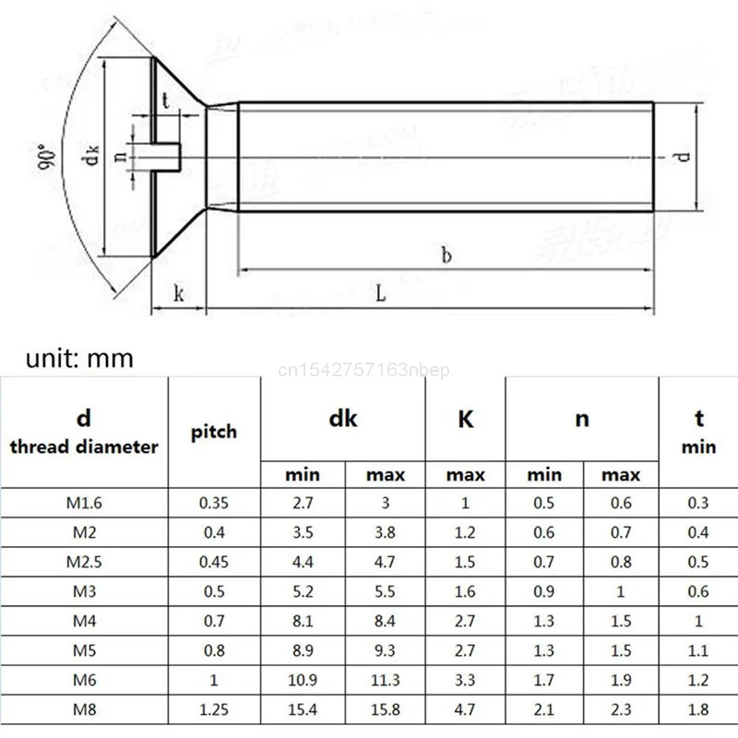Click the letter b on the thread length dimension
tap(446, 256)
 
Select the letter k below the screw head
tap(178, 294)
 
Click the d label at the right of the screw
tap(684, 155)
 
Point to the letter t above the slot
tap(165, 101)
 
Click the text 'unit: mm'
tap(79, 359)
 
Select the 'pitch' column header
tap(214, 431)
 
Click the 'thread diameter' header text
tap(84, 447)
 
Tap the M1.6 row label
tap(84, 504)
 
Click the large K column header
tap(465, 419)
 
